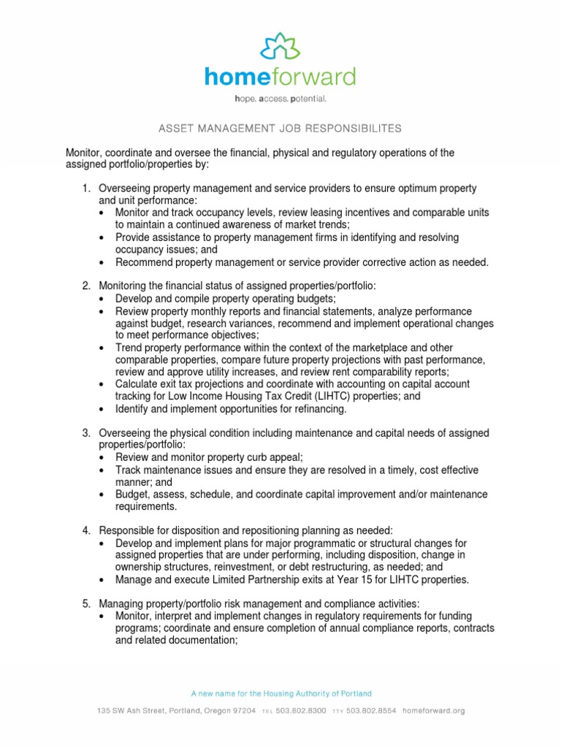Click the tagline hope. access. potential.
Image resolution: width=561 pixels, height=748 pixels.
(x=280, y=98)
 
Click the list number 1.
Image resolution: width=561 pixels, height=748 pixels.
(x=85, y=188)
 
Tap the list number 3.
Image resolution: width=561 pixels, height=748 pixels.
(x=85, y=434)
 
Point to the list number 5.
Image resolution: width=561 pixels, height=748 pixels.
(x=85, y=603)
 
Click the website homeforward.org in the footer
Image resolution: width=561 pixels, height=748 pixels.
(x=433, y=710)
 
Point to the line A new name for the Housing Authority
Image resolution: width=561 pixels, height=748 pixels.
(x=280, y=693)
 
